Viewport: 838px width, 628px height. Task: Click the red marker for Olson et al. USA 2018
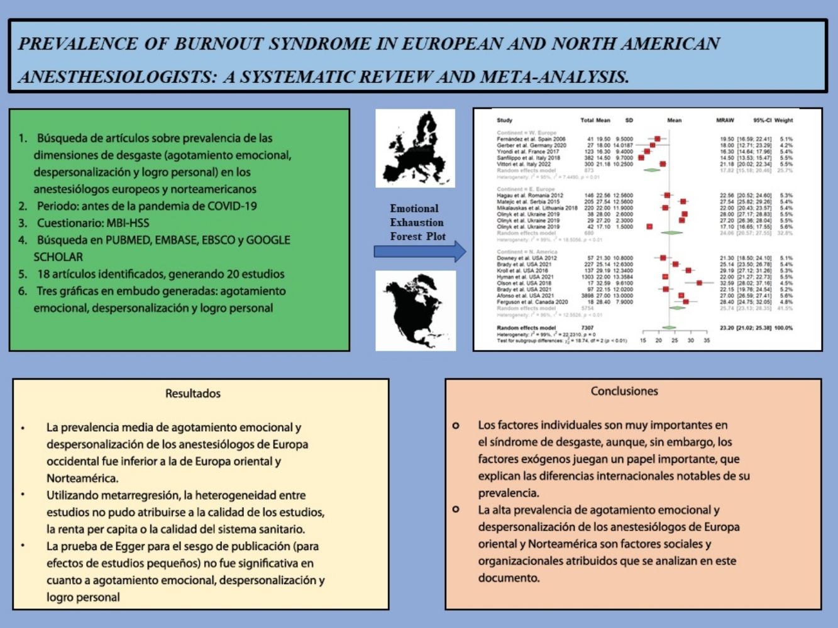point(699,283)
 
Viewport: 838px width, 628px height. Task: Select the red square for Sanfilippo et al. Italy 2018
point(641,158)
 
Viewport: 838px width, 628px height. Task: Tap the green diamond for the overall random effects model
point(669,328)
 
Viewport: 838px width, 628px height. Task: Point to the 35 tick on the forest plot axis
point(706,340)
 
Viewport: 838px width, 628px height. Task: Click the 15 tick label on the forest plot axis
point(642,340)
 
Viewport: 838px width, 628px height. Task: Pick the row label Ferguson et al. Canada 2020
point(532,302)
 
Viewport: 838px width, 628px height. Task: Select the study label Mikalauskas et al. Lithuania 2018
point(537,208)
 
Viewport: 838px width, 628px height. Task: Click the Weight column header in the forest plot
point(783,120)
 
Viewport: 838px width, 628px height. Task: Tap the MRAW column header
point(725,120)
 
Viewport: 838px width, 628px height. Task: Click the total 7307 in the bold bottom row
point(587,328)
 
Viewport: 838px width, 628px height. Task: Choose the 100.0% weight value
point(783,328)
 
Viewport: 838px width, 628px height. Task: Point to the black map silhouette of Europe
point(415,148)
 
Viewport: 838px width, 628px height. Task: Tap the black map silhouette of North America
point(415,311)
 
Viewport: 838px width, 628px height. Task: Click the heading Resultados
point(193,394)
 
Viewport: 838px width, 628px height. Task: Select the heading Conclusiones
point(624,391)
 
